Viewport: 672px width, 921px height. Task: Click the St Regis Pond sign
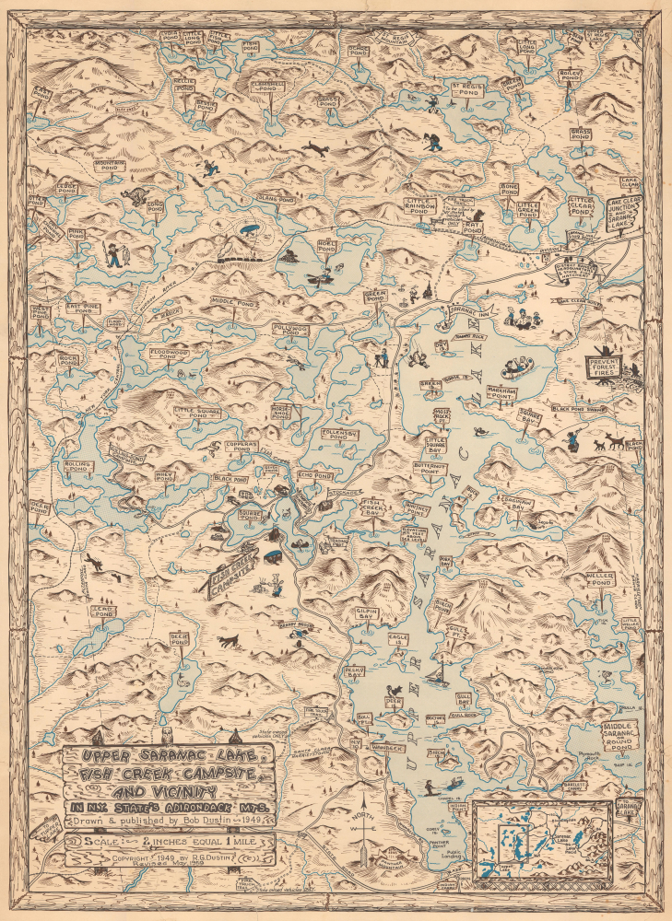pyautogui.click(x=466, y=88)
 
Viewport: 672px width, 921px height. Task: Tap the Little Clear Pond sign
pyautogui.click(x=582, y=204)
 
